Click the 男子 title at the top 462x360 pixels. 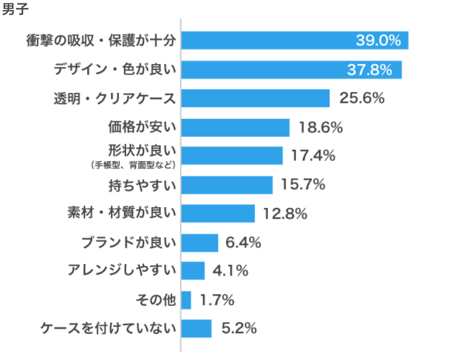coord(15,10)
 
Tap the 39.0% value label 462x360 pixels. coord(378,41)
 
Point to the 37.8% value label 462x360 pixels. coord(370,70)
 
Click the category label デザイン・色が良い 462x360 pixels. coord(115,70)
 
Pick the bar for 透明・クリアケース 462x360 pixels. coord(255,98)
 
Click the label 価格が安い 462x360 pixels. coord(142,127)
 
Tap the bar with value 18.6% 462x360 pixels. coord(235,127)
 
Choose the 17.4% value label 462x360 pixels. coord(313,156)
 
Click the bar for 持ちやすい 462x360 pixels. coord(227,185)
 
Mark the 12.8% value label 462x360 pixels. coord(285,214)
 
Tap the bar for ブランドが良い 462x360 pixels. coord(199,243)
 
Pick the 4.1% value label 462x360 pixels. coord(230,271)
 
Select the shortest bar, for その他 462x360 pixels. coord(186,300)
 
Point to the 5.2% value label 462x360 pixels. coord(239,328)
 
